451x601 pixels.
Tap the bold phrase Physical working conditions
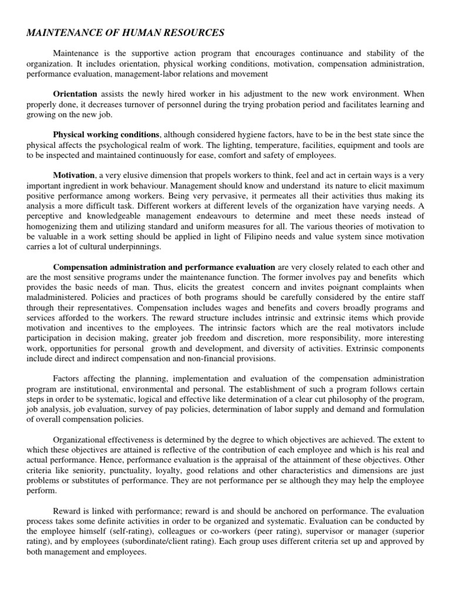[x=106, y=134]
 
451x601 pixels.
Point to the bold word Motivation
[x=74, y=175]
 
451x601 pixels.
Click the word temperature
[x=272, y=144]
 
